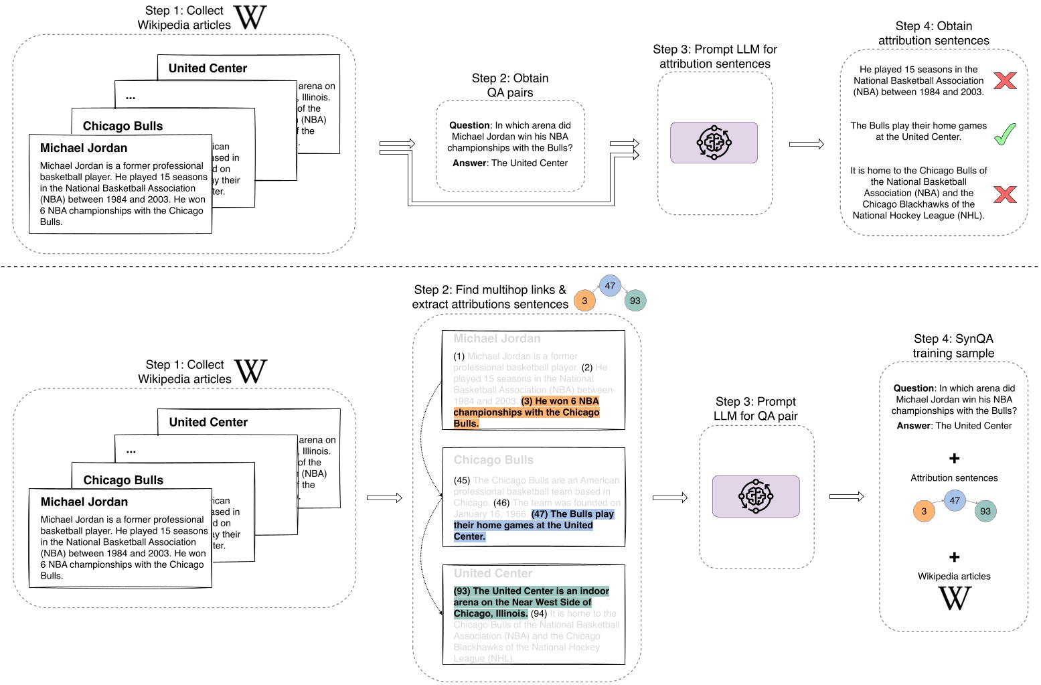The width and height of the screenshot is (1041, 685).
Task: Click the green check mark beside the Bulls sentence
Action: pyautogui.click(x=1005, y=134)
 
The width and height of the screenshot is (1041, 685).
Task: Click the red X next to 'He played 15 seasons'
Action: pyautogui.click(x=1005, y=80)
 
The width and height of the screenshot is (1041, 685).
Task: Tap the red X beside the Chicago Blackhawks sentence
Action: pyautogui.click(x=1005, y=194)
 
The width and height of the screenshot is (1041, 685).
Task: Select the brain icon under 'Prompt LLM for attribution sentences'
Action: pyautogui.click(x=714, y=142)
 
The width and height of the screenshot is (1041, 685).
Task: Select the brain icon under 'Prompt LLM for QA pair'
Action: pyautogui.click(x=756, y=496)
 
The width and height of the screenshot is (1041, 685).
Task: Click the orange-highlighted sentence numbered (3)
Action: pyautogui.click(x=526, y=412)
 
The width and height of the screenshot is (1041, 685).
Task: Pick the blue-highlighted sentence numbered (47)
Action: pyautogui.click(x=534, y=525)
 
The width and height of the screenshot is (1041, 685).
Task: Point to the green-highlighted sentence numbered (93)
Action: pyautogui.click(x=531, y=602)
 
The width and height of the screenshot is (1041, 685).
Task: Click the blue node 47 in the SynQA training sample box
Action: pyautogui.click(x=955, y=500)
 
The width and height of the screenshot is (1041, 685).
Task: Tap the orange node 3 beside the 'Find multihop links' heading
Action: pyautogui.click(x=584, y=301)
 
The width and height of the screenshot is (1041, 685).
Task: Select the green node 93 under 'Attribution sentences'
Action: pyautogui.click(x=985, y=511)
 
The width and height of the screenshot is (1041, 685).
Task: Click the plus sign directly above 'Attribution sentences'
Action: pyautogui.click(x=954, y=459)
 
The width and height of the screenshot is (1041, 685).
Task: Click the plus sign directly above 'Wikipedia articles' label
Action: pyautogui.click(x=954, y=557)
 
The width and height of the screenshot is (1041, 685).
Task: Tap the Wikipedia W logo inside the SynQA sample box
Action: pyautogui.click(x=954, y=598)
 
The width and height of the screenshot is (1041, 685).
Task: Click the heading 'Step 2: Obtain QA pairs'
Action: pyautogui.click(x=510, y=85)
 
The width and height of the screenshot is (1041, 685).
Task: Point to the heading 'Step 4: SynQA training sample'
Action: pyautogui.click(x=953, y=346)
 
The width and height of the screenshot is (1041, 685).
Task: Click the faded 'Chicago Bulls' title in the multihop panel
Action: pyautogui.click(x=493, y=460)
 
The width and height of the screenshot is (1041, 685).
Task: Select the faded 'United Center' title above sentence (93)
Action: pyautogui.click(x=493, y=573)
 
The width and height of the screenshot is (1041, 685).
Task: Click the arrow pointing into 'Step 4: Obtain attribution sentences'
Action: pyautogui.click(x=806, y=144)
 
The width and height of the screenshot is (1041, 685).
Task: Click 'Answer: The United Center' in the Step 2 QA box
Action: pyautogui.click(x=510, y=163)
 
